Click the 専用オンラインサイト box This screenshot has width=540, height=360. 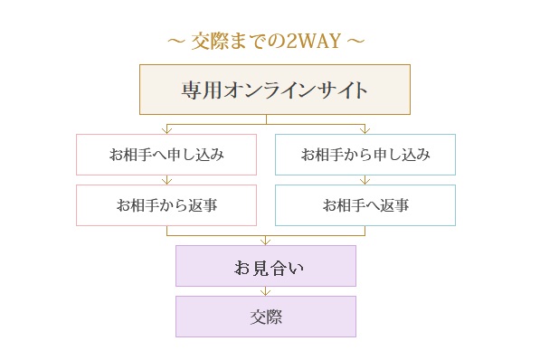pos(275,90)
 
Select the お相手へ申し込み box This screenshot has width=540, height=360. pos(166,155)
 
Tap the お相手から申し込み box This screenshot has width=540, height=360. pos(365,155)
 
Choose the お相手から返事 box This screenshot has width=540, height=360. pos(166,205)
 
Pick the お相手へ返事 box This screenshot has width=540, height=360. pos(365,205)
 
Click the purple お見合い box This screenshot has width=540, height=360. pos(266,266)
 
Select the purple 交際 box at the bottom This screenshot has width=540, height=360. pos(266,317)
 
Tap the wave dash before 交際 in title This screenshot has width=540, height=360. pos(176,42)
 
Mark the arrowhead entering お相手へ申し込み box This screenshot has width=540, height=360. pos(166,130)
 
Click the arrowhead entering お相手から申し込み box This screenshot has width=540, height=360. pos(365,130)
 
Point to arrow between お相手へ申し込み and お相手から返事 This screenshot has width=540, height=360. pos(166,180)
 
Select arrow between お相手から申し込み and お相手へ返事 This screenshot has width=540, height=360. pos(365,180)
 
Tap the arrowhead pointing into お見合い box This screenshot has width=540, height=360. pos(266,242)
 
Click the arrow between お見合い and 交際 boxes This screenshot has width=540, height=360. pos(266,291)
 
